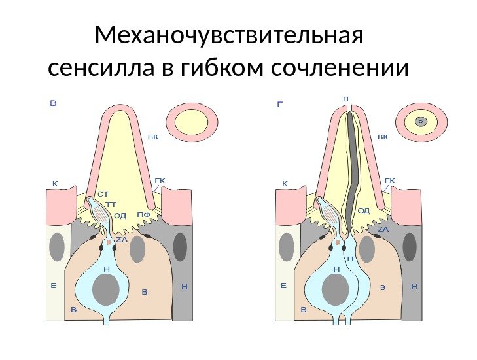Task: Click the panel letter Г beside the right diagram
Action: point(280,103)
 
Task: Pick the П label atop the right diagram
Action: point(345,99)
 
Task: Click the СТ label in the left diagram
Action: point(103,193)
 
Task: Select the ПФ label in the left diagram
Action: point(144,215)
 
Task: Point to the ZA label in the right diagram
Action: point(383,229)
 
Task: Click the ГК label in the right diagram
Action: point(390,179)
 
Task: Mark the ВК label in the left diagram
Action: point(153,137)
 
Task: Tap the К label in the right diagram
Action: point(285,183)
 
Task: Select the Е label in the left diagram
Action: point(54,285)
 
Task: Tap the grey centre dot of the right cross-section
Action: point(421,121)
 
